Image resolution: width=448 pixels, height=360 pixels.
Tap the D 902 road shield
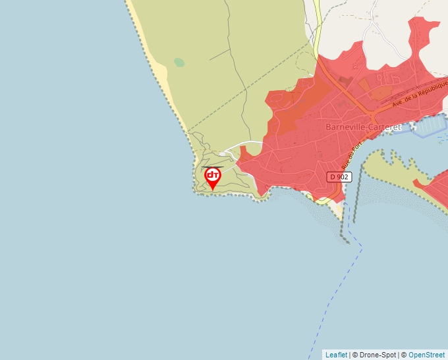point(339,177)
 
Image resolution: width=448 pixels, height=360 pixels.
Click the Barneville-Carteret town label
point(364,126)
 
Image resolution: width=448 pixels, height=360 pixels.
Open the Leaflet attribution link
point(336,355)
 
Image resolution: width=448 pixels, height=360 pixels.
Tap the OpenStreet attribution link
point(426,355)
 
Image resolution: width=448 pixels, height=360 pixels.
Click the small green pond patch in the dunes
point(179,63)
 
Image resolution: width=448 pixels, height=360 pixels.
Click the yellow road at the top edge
point(316,26)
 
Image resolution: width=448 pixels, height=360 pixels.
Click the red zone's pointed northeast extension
point(422,33)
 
